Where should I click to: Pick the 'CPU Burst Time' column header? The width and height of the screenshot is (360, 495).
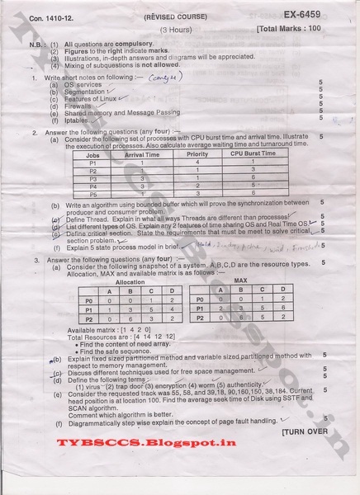click(x=253, y=153)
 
